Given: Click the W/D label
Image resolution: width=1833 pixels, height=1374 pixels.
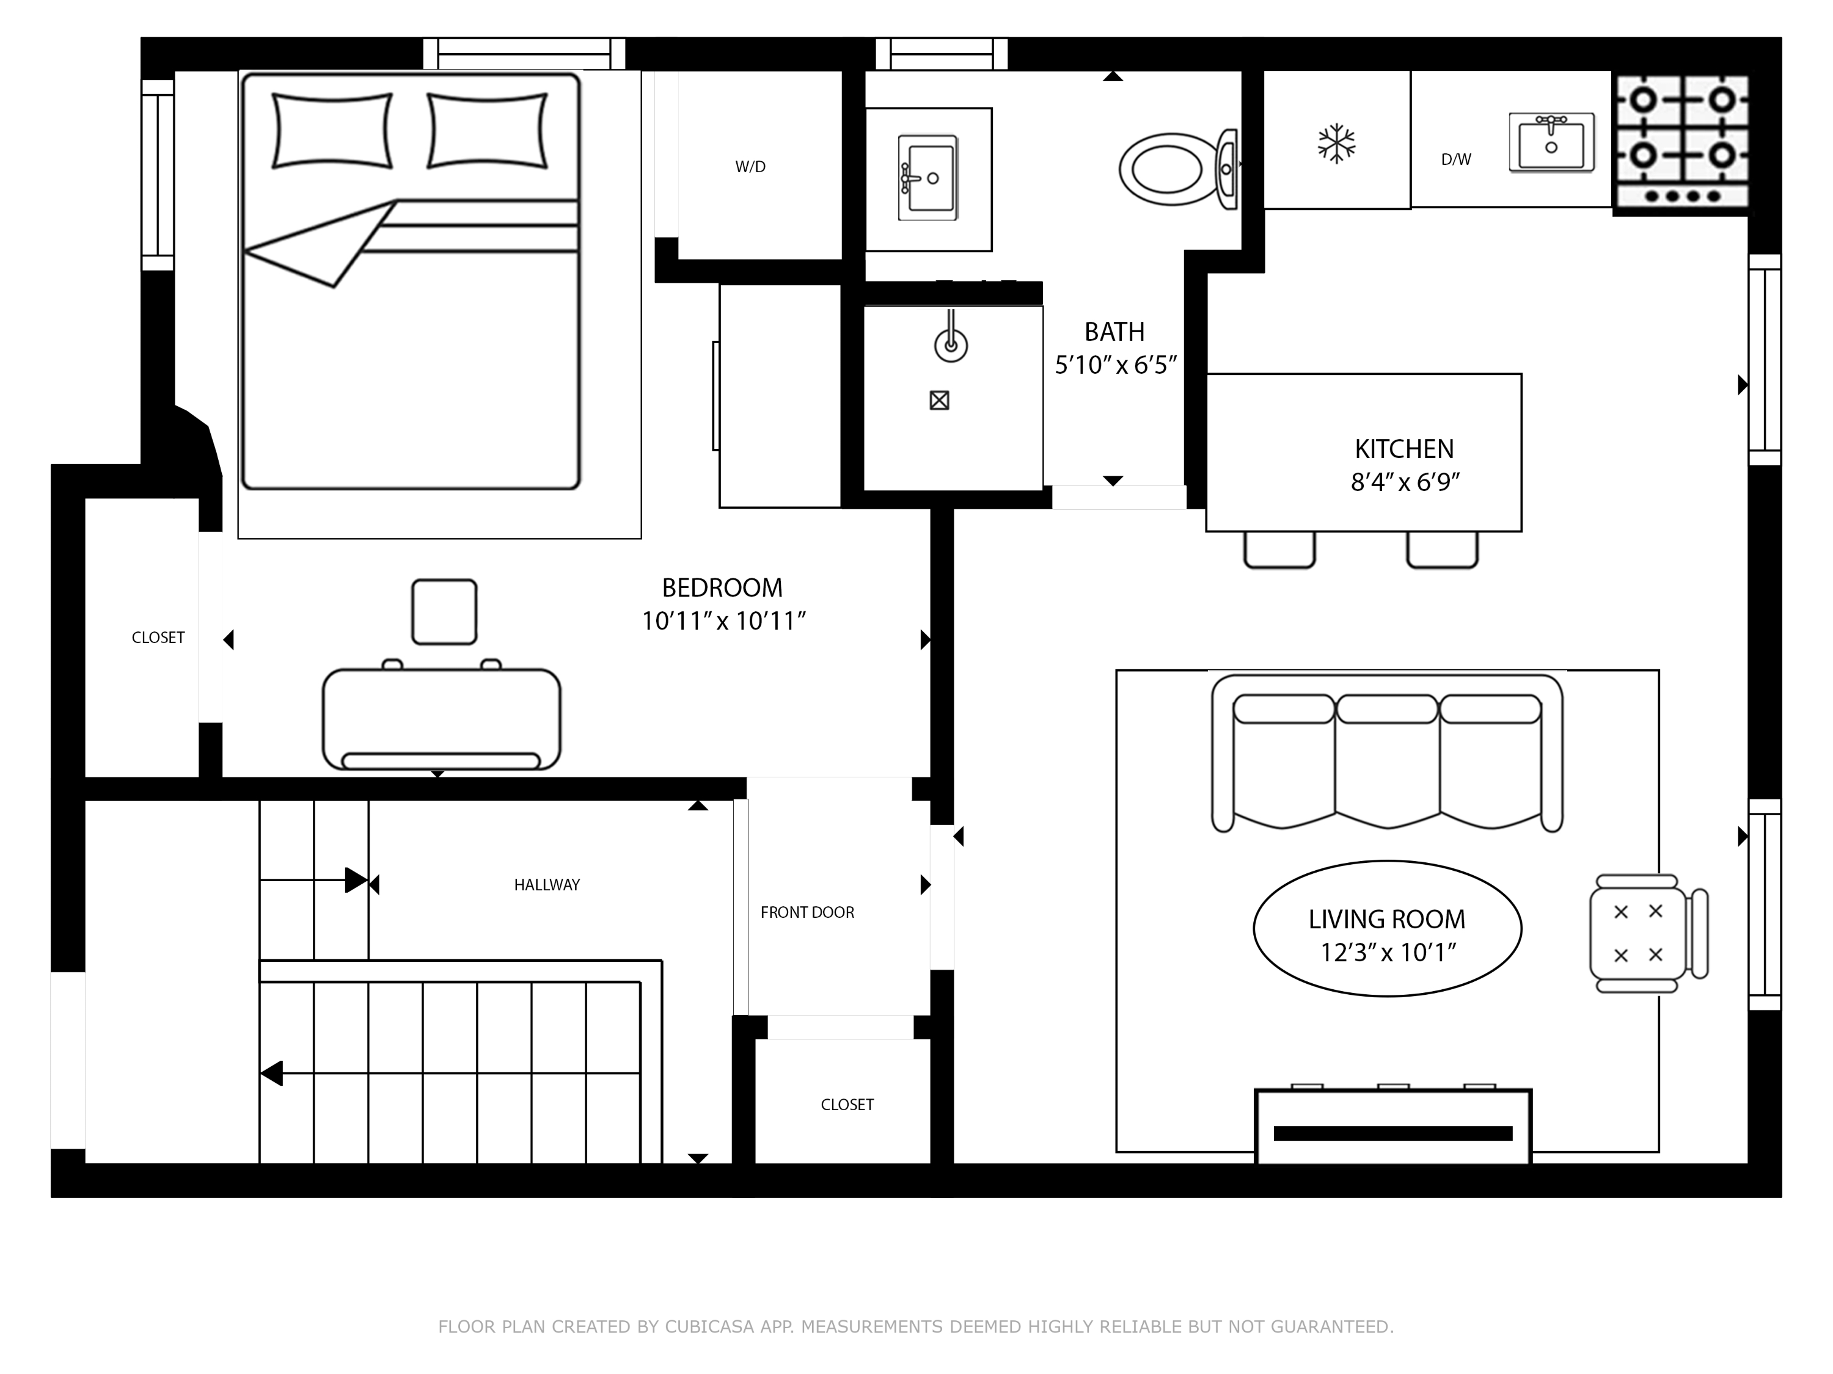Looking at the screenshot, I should click(750, 167).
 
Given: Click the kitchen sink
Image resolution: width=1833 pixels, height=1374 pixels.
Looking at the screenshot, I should click(1551, 142).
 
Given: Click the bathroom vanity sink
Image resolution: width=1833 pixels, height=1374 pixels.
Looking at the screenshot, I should click(928, 178).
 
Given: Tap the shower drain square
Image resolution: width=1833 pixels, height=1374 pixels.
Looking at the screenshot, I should click(939, 401).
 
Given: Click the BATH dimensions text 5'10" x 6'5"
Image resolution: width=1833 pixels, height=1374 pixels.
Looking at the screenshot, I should click(1115, 365).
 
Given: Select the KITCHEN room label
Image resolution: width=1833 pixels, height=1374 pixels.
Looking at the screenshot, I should click(1403, 449).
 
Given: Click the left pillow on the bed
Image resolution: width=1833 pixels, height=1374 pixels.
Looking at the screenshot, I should click(332, 131).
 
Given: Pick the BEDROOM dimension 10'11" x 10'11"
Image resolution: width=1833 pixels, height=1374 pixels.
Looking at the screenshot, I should click(723, 621).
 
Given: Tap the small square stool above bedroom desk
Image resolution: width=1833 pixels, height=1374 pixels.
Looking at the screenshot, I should click(444, 611).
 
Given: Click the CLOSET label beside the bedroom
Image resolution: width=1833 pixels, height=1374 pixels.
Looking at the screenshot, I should click(158, 638).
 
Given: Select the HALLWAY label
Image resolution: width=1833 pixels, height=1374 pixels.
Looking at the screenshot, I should click(546, 884).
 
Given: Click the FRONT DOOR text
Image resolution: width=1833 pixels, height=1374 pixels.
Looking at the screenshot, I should click(807, 912).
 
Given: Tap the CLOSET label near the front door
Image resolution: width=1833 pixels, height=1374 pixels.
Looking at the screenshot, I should click(847, 1105).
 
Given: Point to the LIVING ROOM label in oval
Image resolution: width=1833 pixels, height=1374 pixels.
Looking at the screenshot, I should click(1386, 918).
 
